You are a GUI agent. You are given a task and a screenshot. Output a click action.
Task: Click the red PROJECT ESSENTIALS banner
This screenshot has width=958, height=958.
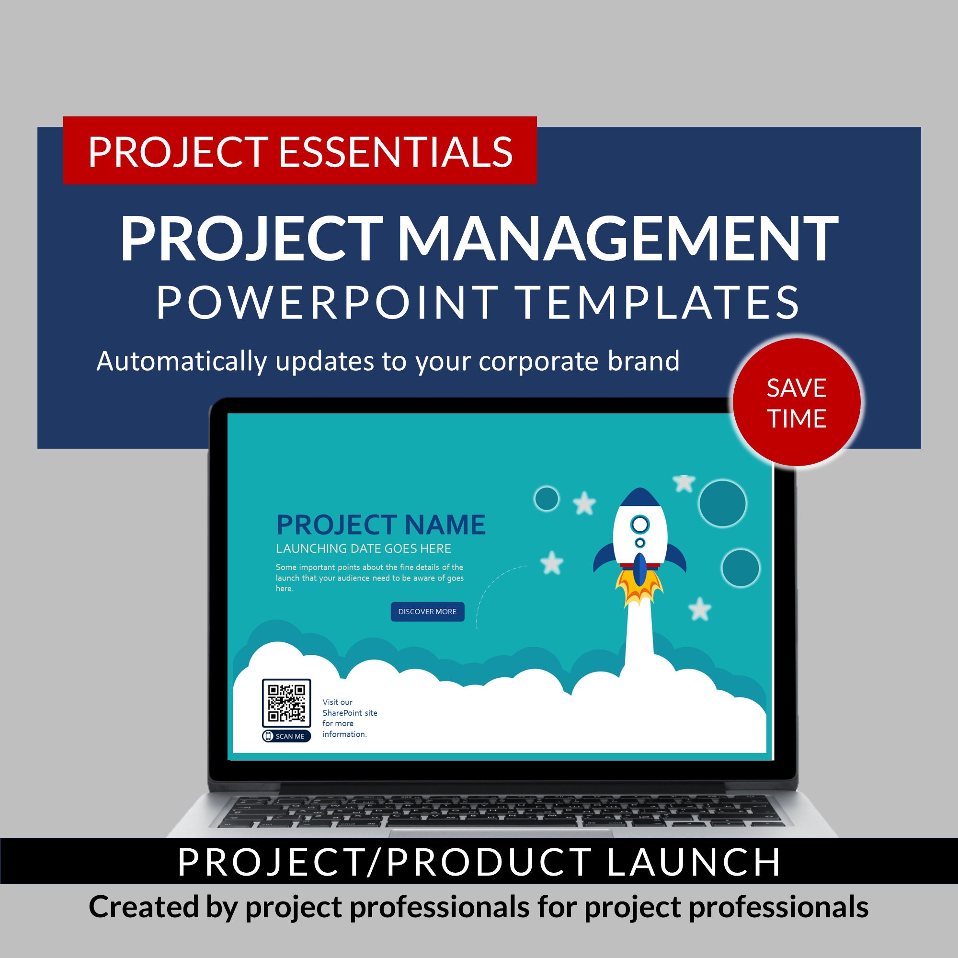click(x=299, y=151)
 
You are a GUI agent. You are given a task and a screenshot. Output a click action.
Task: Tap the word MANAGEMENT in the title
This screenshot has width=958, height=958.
click(x=617, y=239)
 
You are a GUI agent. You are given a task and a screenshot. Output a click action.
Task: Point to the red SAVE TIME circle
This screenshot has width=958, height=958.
click(x=797, y=403)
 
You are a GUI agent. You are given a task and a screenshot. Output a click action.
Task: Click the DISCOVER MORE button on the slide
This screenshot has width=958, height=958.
click(x=427, y=611)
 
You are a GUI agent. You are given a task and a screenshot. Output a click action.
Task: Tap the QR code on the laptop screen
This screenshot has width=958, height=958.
click(x=286, y=703)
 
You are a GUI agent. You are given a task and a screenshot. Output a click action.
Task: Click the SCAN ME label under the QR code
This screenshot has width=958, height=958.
click(x=286, y=736)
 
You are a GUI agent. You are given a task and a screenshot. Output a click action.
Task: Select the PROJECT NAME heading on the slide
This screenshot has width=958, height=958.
click(x=381, y=525)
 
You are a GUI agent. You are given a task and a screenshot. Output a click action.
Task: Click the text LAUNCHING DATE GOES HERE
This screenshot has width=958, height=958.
click(x=364, y=548)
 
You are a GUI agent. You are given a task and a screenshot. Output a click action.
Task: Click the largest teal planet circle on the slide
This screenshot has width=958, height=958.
click(x=722, y=503)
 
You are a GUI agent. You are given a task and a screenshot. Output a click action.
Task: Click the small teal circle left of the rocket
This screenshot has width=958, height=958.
click(x=547, y=498)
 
